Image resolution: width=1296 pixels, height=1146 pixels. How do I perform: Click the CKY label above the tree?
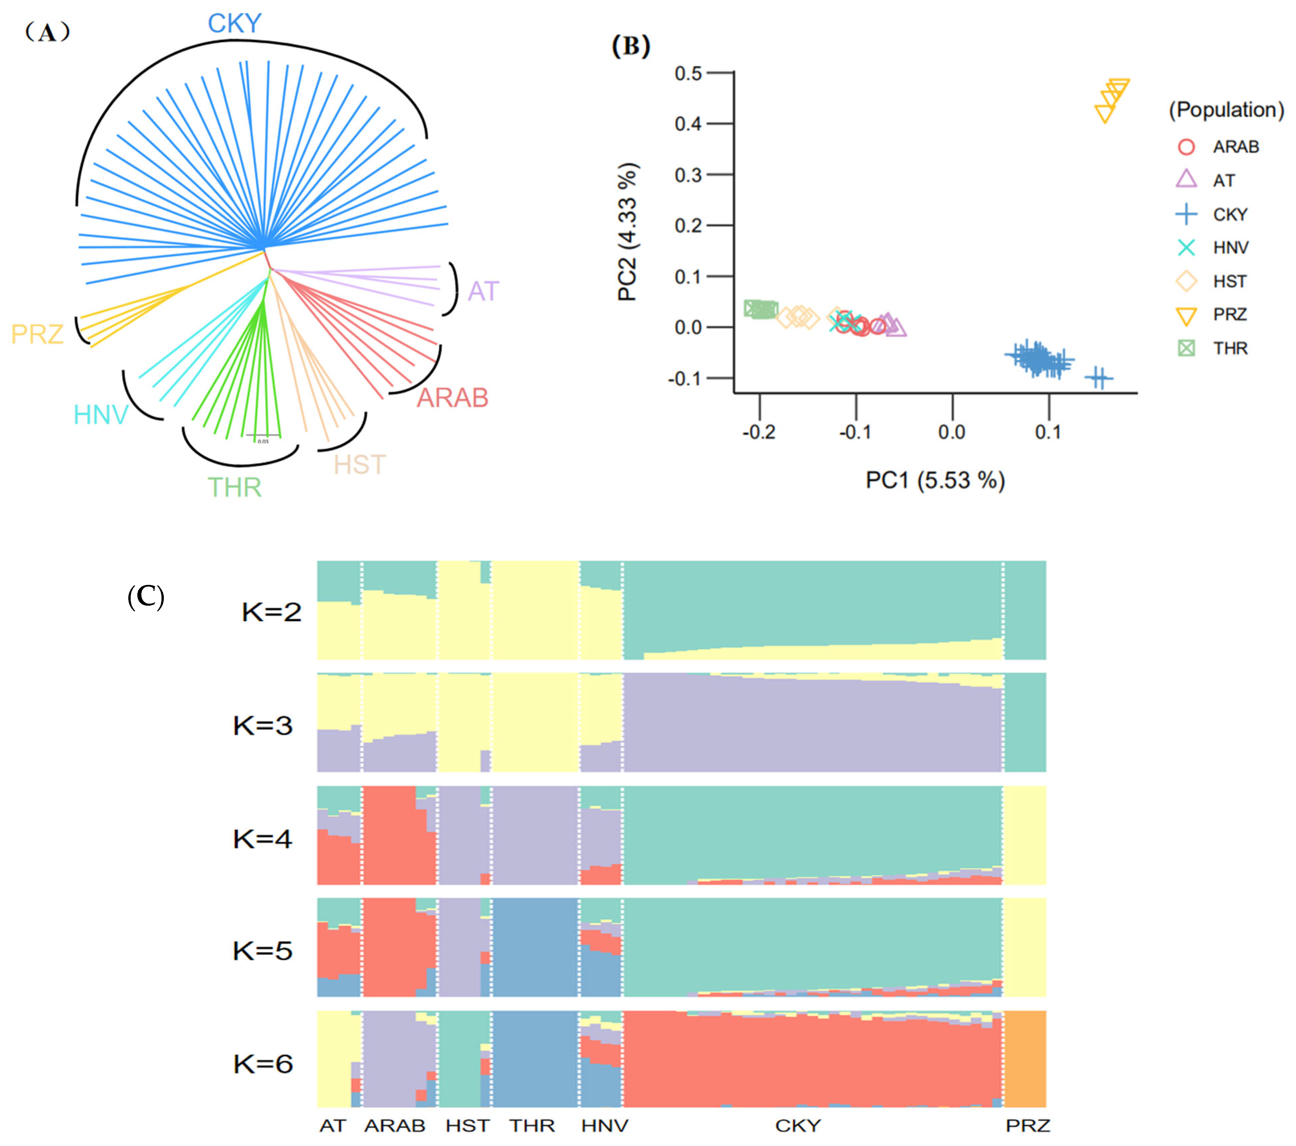click(x=235, y=24)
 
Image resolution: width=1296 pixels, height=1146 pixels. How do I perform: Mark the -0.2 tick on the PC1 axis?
click(x=759, y=432)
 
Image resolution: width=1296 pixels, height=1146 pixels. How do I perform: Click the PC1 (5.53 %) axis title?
click(x=935, y=480)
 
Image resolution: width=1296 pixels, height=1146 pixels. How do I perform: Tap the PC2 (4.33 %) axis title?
click(x=628, y=232)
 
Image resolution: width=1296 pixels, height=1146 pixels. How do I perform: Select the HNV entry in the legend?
click(x=1230, y=248)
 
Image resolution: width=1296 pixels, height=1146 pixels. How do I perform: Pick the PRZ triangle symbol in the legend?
click(x=1186, y=315)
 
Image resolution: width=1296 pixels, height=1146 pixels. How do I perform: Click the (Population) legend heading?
click(x=1226, y=110)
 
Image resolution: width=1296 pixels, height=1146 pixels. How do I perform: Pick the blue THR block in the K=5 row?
click(x=534, y=948)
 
